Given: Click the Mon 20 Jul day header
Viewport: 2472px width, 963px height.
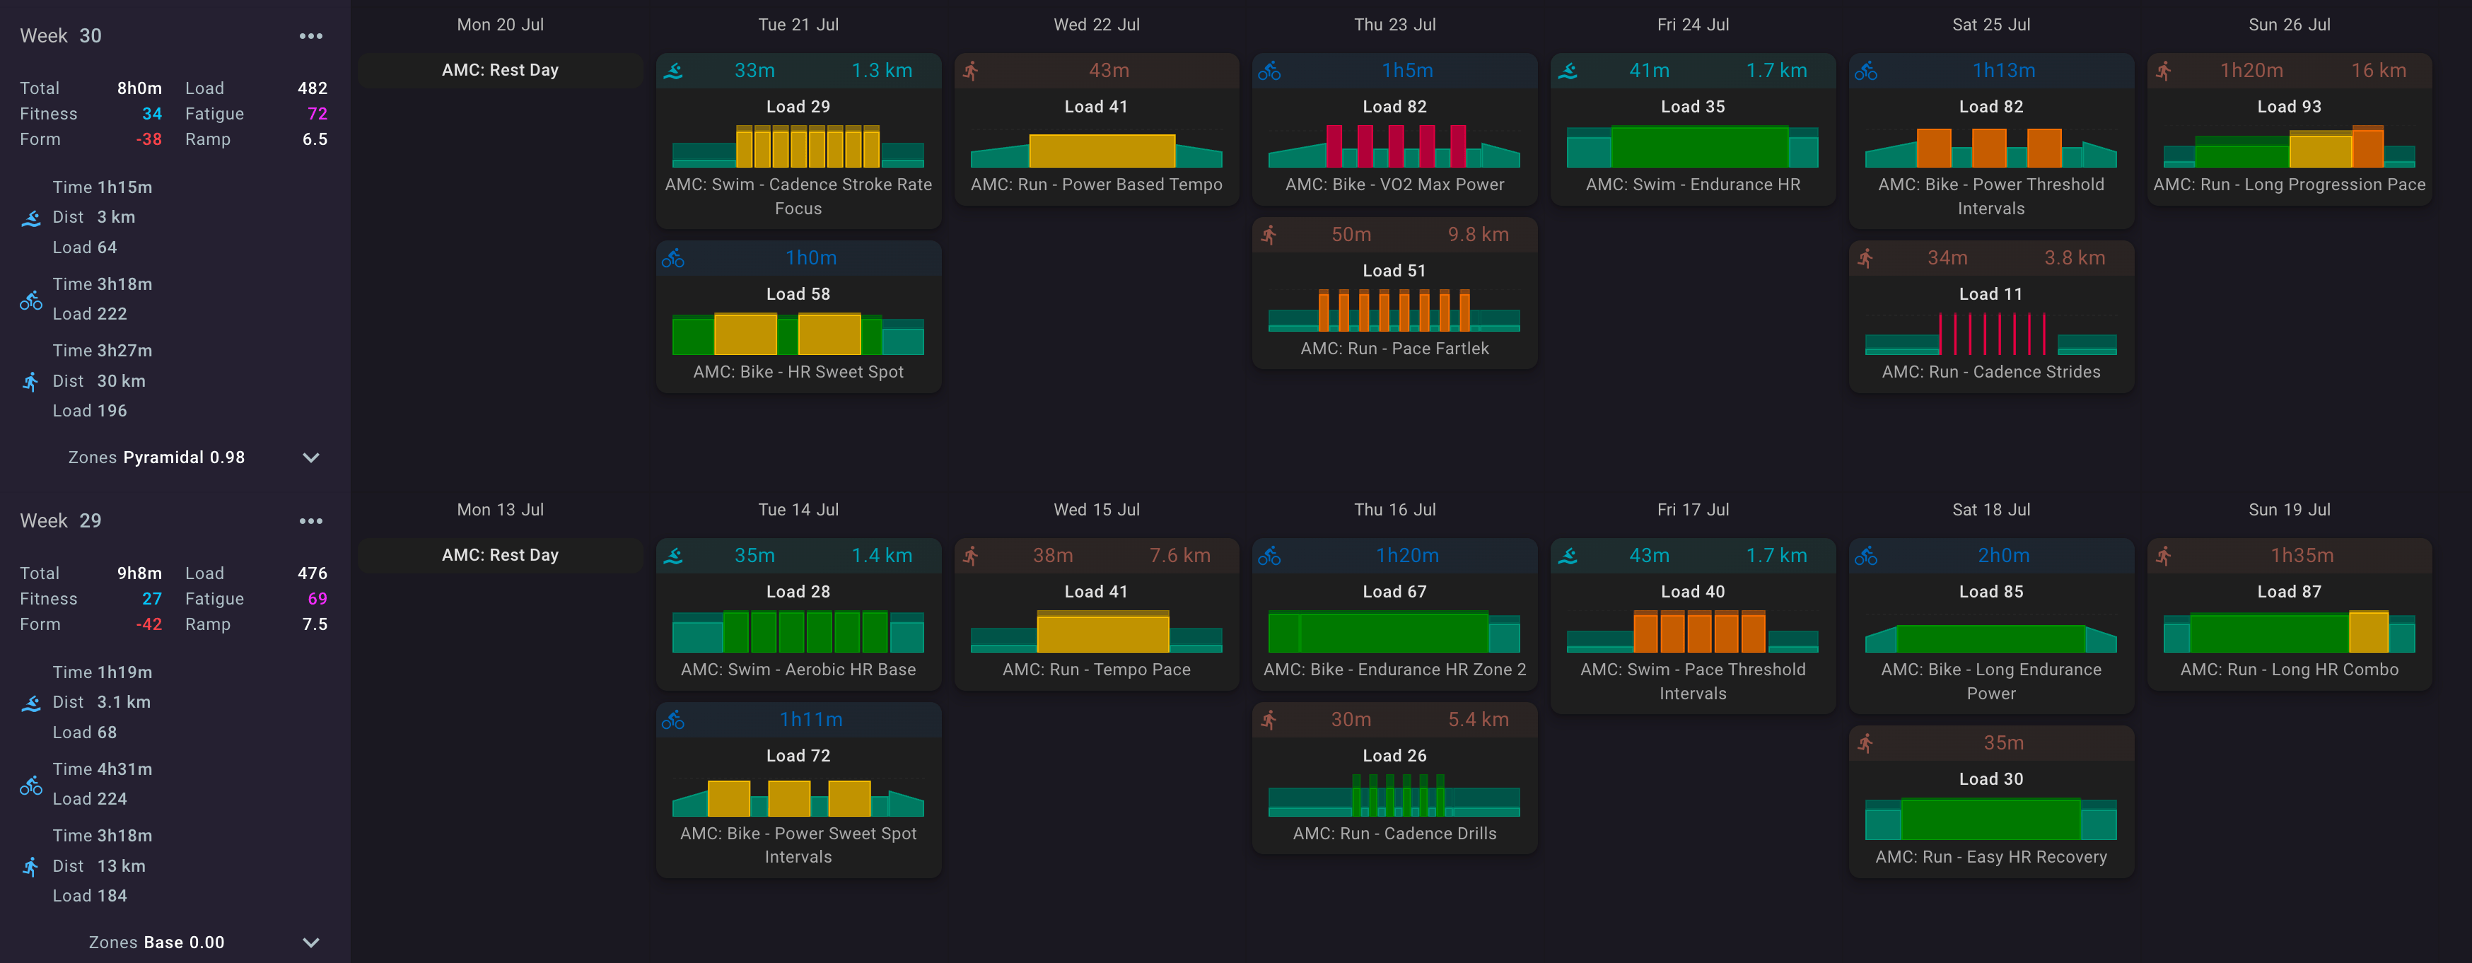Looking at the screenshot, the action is (x=500, y=25).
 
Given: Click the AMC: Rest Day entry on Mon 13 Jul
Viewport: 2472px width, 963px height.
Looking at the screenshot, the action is (x=500, y=555).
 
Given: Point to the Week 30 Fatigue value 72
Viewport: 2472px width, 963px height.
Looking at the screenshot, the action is (x=317, y=114).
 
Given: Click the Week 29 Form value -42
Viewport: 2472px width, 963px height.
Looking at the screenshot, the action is (x=148, y=624).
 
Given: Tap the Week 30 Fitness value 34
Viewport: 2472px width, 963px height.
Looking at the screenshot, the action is (x=151, y=114).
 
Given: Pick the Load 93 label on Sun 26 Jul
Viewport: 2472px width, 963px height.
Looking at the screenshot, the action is (x=2289, y=107).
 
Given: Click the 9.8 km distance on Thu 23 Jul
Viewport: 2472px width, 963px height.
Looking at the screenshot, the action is (x=1478, y=235).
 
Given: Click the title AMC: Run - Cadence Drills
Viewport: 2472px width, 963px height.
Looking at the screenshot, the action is (x=1394, y=834).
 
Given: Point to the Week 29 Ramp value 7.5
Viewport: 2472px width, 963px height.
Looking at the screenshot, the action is (x=315, y=624).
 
